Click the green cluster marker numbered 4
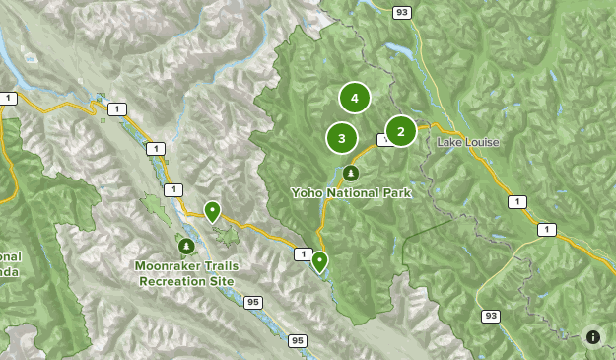[354, 98]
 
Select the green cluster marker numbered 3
[342, 138]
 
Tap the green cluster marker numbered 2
[400, 131]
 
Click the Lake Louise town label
[467, 143]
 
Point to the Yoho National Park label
[351, 193]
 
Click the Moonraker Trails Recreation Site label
[187, 273]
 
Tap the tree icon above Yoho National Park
[351, 173]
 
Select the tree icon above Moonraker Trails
[186, 245]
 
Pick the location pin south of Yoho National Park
[319, 261]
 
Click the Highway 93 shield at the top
[400, 12]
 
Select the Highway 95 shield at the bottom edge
[298, 341]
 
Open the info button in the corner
[592, 336]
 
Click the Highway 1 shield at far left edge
[9, 98]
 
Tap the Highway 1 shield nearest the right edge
[546, 230]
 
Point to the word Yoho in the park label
[307, 193]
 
